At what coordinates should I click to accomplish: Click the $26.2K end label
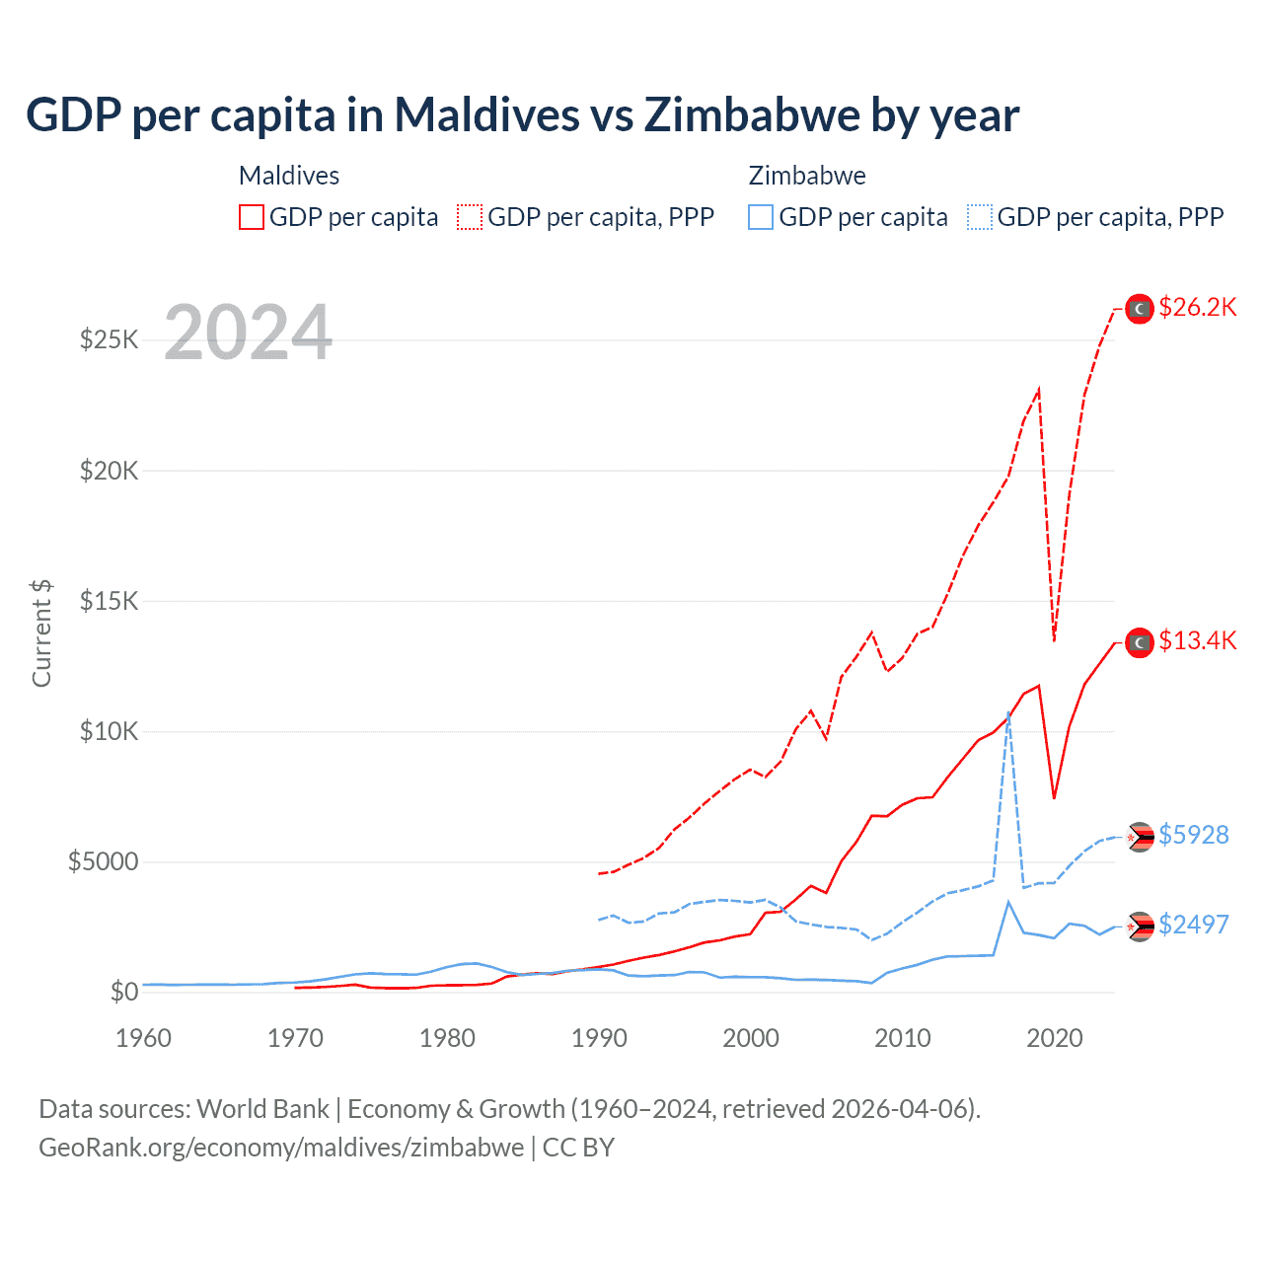pyautogui.click(x=1197, y=308)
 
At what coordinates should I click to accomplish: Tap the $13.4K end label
pyautogui.click(x=1197, y=641)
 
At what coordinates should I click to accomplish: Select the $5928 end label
pyautogui.click(x=1193, y=836)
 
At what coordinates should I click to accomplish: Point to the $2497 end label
pyautogui.click(x=1193, y=926)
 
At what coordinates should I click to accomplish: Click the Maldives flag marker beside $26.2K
pyautogui.click(x=1140, y=309)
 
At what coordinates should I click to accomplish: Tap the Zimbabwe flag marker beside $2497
pyautogui.click(x=1140, y=927)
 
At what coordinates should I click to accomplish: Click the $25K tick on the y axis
pyautogui.click(x=109, y=340)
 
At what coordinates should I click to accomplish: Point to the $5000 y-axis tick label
pyautogui.click(x=103, y=862)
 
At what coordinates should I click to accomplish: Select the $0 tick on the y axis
pyautogui.click(x=123, y=992)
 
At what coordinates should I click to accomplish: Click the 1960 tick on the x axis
pyautogui.click(x=144, y=1038)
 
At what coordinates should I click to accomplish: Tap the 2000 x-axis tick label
pyautogui.click(x=751, y=1038)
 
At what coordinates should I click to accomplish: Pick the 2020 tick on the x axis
pyautogui.click(x=1055, y=1038)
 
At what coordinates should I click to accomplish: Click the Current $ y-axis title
pyautogui.click(x=41, y=633)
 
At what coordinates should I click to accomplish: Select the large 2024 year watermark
pyautogui.click(x=248, y=333)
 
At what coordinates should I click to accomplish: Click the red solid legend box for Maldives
pyautogui.click(x=252, y=217)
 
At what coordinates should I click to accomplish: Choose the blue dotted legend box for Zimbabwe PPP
pyautogui.click(x=980, y=217)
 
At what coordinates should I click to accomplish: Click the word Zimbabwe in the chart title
pyautogui.click(x=752, y=115)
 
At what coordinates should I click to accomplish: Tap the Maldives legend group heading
pyautogui.click(x=289, y=176)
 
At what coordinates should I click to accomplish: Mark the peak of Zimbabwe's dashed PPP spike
pyautogui.click(x=1008, y=711)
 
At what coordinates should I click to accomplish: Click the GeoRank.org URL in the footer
pyautogui.click(x=281, y=1148)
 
